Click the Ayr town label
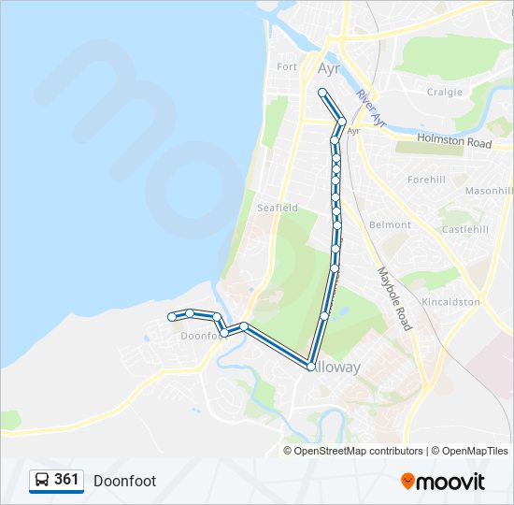pyautogui.click(x=329, y=69)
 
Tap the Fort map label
pyautogui.click(x=287, y=66)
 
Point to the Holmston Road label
pyautogui.click(x=454, y=142)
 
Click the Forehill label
pyautogui.click(x=426, y=179)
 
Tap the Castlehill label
pyautogui.click(x=465, y=229)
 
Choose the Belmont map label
pyautogui.click(x=390, y=224)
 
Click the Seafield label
pyautogui.click(x=278, y=207)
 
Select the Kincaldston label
pyautogui.click(x=450, y=302)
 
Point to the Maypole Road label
pyautogui.click(x=394, y=299)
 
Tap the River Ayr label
pyautogui.click(x=371, y=108)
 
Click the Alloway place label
pyautogui.click(x=336, y=368)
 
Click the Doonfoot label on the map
pyautogui.click(x=201, y=335)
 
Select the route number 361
pyautogui.click(x=66, y=480)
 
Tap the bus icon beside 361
pyautogui.click(x=42, y=480)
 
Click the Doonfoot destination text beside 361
pyautogui.click(x=124, y=481)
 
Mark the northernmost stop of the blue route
pyautogui.click(x=322, y=92)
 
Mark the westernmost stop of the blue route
pyautogui.click(x=172, y=317)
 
